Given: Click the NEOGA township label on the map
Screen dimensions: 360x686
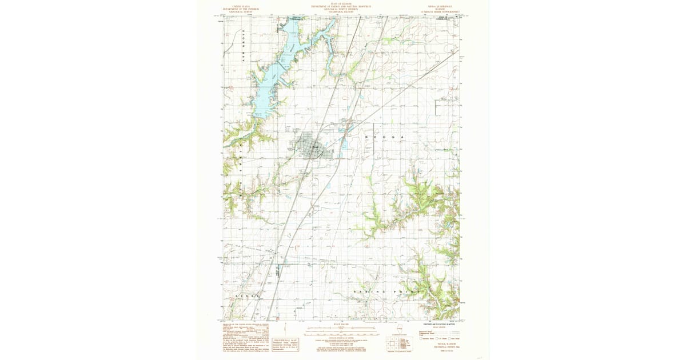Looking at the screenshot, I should coord(385,138).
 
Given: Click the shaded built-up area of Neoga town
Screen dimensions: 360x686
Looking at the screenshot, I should coord(311,148).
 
